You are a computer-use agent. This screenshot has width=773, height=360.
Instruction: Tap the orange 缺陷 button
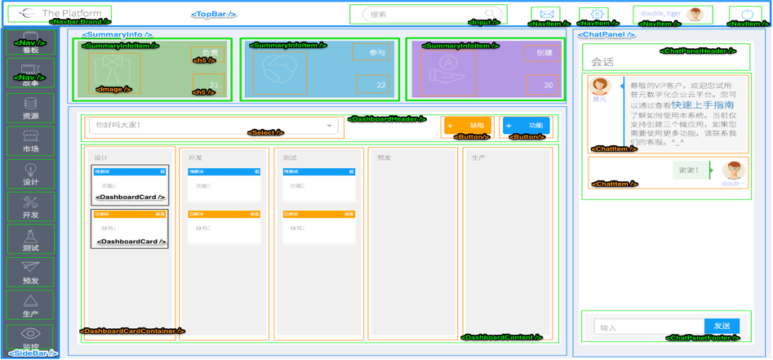tap(468, 126)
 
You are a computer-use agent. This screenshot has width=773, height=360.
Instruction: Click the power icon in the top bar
tap(748, 15)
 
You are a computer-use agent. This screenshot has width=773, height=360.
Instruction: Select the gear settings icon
tap(598, 14)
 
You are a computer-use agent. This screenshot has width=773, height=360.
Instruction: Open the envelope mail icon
tap(547, 15)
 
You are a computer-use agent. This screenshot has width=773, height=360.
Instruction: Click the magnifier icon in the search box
tap(489, 14)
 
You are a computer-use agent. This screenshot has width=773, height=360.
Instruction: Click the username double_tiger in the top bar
tap(660, 14)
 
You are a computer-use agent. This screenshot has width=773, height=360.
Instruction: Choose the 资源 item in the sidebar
tap(30, 109)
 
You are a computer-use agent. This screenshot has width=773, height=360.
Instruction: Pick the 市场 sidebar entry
tap(30, 141)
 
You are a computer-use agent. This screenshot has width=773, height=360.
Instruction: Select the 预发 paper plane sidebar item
tap(30, 272)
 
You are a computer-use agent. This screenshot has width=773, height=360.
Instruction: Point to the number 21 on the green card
tap(213, 85)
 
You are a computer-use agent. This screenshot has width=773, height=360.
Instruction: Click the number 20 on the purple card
tap(548, 85)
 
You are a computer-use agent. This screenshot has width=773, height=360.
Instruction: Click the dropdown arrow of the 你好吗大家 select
tap(329, 126)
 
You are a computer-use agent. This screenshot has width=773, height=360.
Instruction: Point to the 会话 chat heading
tap(603, 62)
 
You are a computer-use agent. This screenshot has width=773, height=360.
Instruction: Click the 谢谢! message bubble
tap(689, 171)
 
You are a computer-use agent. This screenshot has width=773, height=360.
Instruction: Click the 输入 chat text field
tap(645, 327)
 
